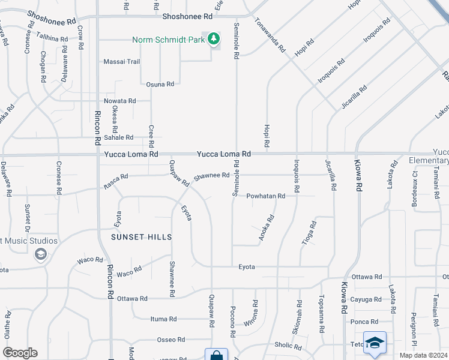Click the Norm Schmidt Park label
(x=170, y=40)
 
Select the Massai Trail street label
(x=121, y=62)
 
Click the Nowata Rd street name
(x=119, y=101)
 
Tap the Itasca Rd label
(x=115, y=177)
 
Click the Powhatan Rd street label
(x=265, y=196)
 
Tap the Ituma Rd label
(x=163, y=319)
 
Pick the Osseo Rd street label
(x=170, y=340)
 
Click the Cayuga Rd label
(x=365, y=299)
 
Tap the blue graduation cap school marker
(x=375, y=343)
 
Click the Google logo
(x=20, y=353)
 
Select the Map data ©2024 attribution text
(x=423, y=355)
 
